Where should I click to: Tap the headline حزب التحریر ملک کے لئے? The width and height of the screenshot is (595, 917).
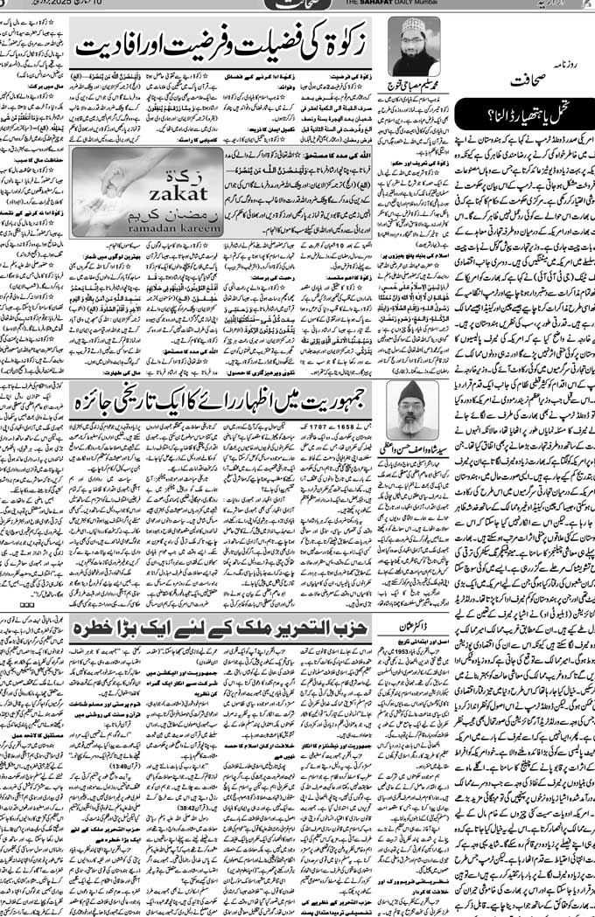click(222, 627)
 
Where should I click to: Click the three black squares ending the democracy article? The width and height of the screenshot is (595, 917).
click(27, 603)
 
